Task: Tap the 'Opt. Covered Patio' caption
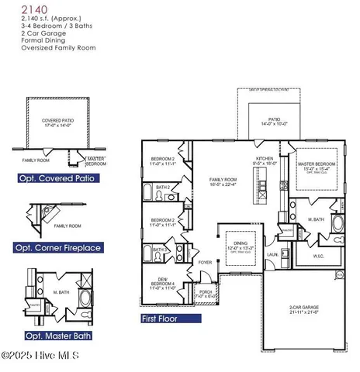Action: pyautogui.click(x=53, y=177)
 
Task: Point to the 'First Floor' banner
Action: pyautogui.click(x=164, y=319)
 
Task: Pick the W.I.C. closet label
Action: pyautogui.click(x=317, y=255)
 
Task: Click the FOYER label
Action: pyautogui.click(x=205, y=263)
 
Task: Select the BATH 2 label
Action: pyautogui.click(x=162, y=188)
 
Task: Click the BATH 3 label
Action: pyautogui.click(x=159, y=250)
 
